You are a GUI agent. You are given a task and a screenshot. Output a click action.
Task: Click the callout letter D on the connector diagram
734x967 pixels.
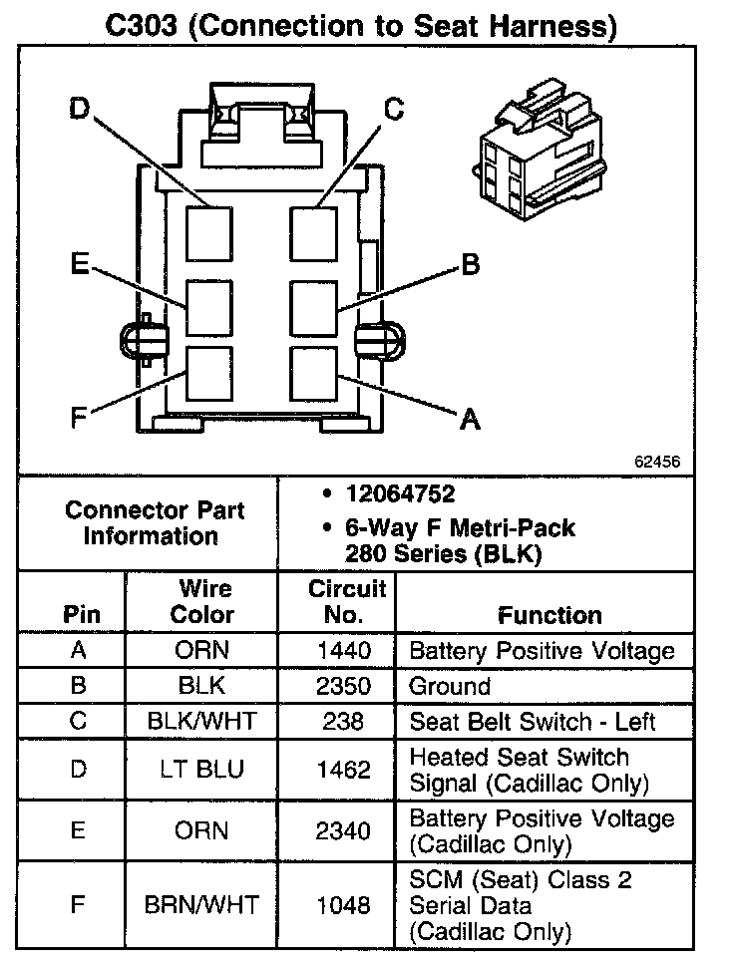click(80, 109)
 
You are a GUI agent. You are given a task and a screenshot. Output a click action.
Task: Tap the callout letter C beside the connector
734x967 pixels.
click(394, 109)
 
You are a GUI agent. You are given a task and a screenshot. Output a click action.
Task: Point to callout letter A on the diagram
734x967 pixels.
click(469, 421)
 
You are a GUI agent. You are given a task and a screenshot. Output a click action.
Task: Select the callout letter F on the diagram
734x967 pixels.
click(79, 418)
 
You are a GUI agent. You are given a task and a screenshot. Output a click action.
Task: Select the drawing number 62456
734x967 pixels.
click(656, 463)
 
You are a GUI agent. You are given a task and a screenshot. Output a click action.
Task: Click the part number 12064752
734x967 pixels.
click(400, 494)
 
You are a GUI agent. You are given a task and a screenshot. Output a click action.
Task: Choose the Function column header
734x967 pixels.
click(550, 615)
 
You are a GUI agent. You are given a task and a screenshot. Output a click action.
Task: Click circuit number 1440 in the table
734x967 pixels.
click(343, 651)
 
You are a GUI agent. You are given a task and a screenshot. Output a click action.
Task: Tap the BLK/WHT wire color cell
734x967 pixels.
click(200, 722)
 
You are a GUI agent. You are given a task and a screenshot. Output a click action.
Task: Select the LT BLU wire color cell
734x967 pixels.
click(200, 770)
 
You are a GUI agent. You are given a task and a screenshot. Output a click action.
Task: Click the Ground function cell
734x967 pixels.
click(450, 687)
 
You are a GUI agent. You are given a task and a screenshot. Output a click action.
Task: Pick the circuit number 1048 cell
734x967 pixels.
click(343, 905)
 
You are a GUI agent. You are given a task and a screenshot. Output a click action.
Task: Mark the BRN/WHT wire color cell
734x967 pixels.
click(200, 905)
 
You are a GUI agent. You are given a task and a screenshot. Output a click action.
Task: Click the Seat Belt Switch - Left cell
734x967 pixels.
click(533, 722)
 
